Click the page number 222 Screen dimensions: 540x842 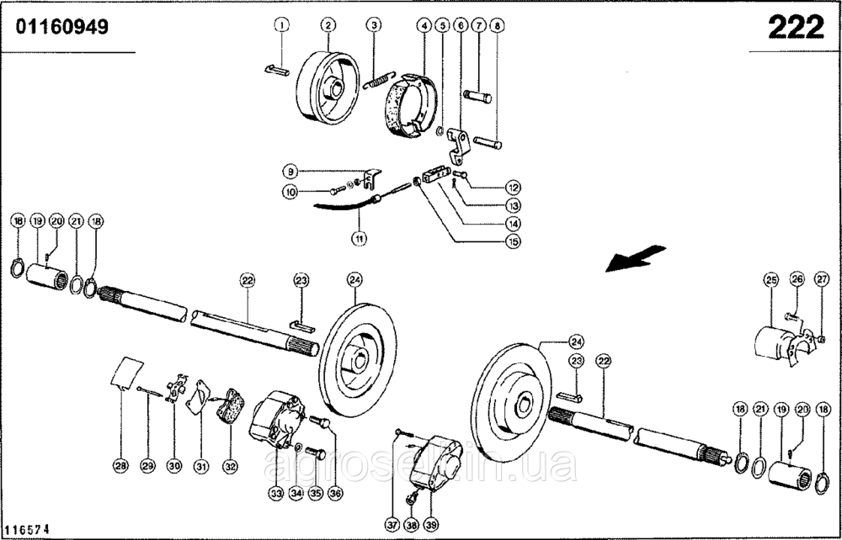795,28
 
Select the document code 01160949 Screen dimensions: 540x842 61,28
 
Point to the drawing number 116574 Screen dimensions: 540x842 26,530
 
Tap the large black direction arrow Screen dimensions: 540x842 635,259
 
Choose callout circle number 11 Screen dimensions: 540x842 359,237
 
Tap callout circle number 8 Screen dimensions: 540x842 497,26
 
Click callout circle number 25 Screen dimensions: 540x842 770,279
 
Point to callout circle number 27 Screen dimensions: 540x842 822,279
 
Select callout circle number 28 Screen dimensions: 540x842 120,464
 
